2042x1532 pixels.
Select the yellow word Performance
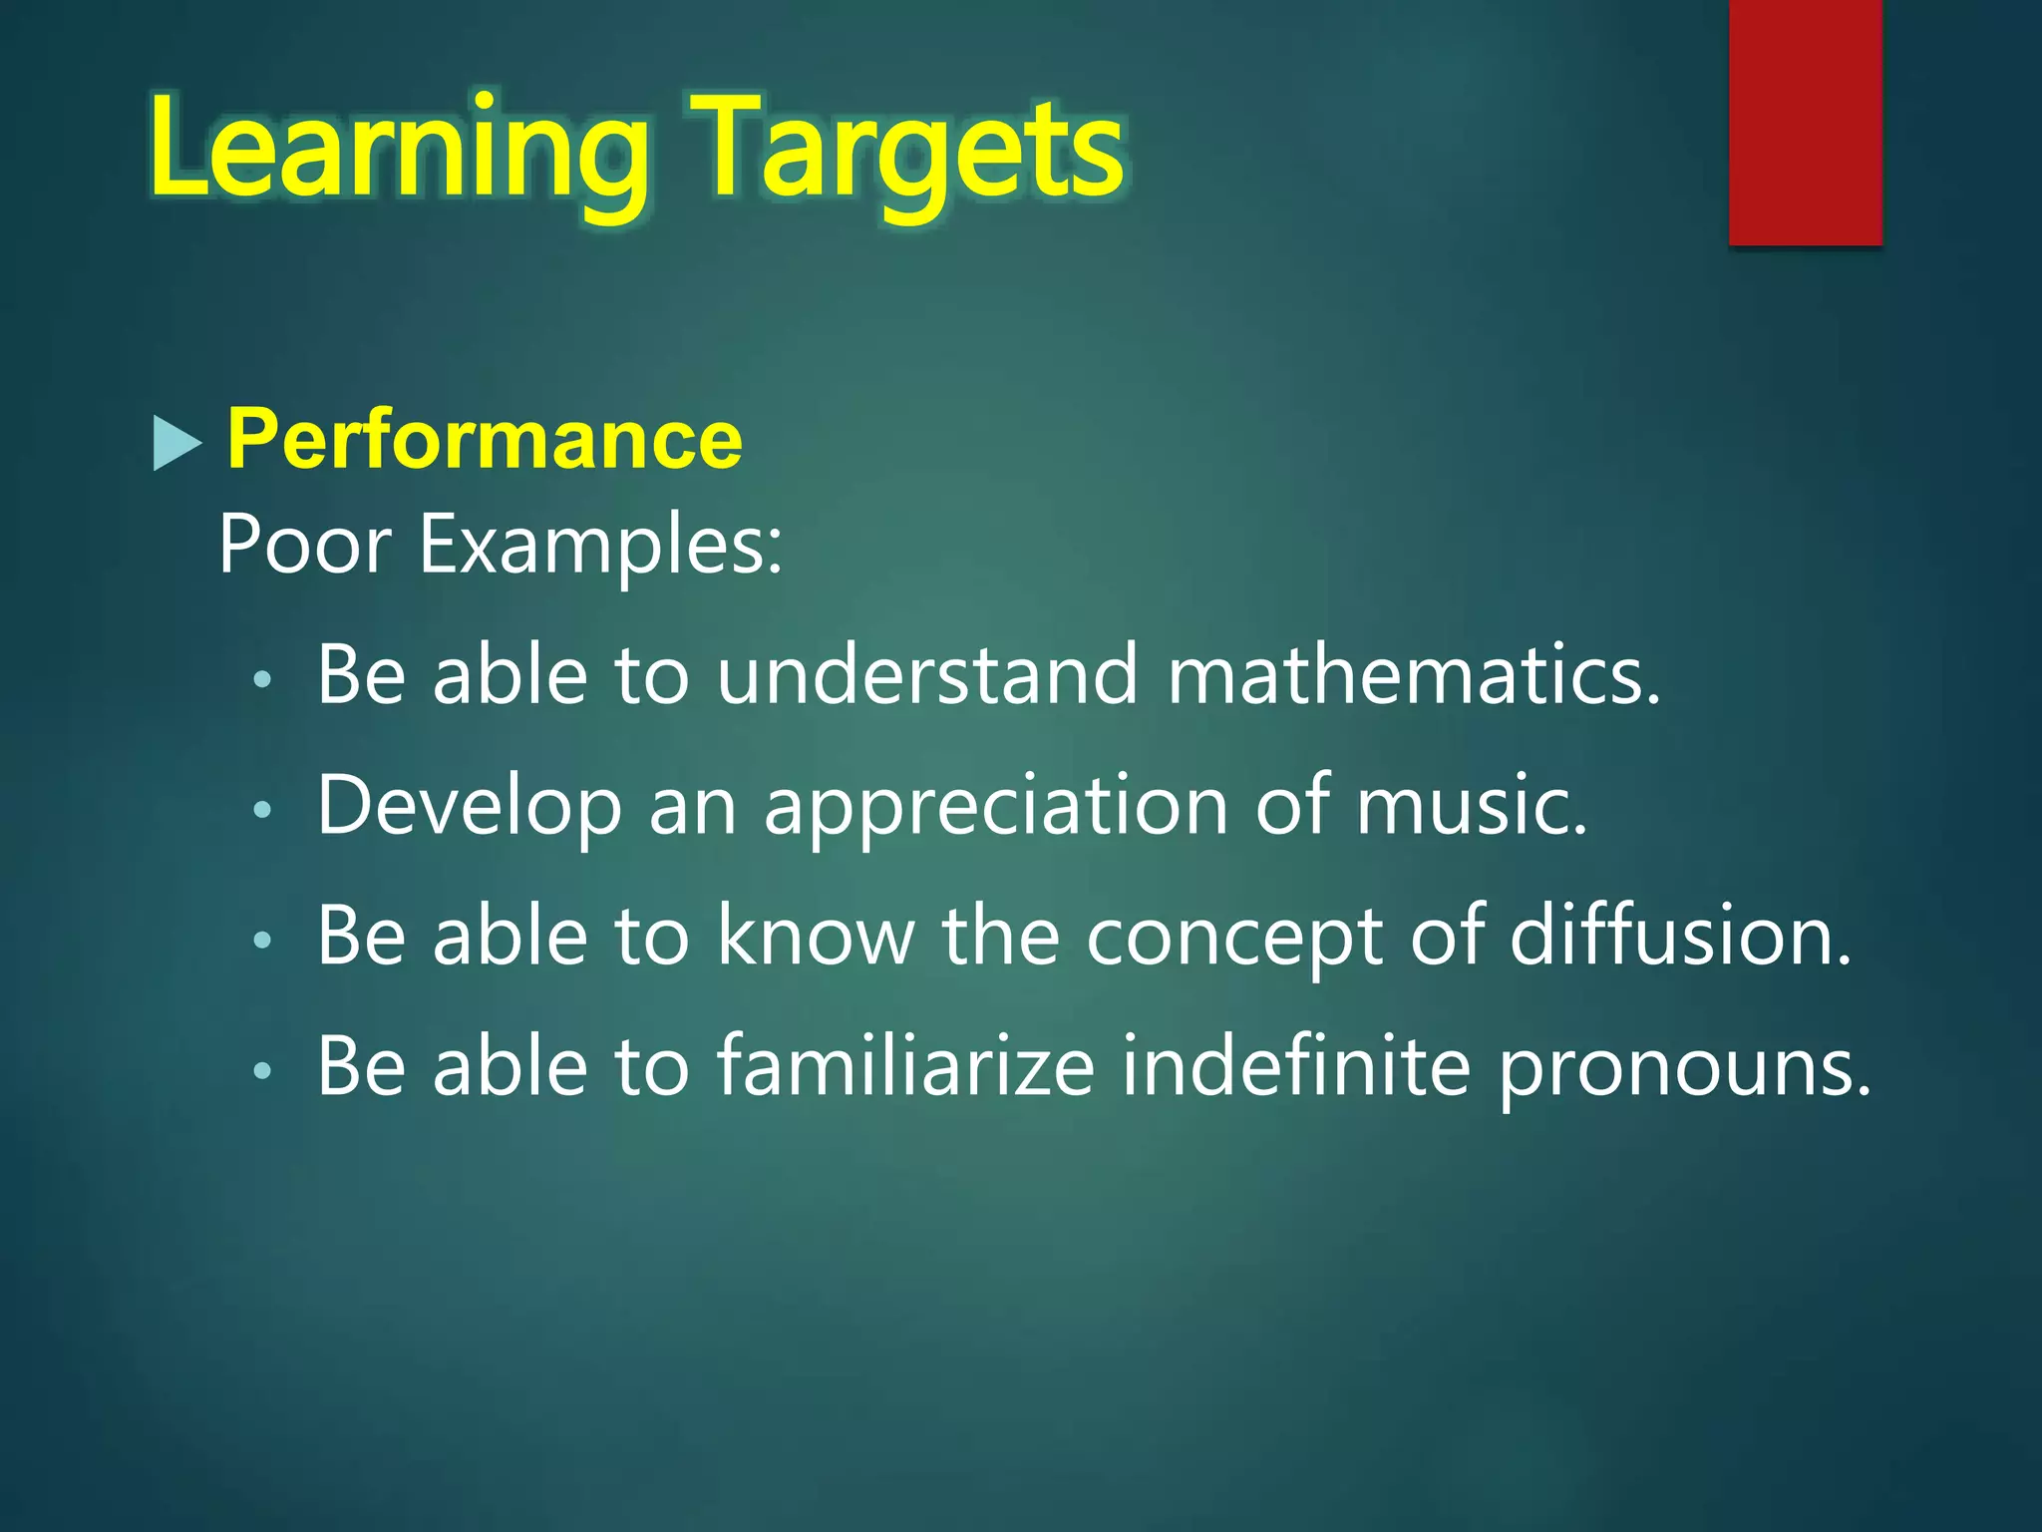[x=485, y=439]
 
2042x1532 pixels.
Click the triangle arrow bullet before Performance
[x=176, y=443]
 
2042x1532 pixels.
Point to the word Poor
[x=304, y=545]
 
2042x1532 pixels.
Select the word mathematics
[x=1413, y=675]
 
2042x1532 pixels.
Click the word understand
[x=927, y=675]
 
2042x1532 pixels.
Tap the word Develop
[x=469, y=806]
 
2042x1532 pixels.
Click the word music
[x=1471, y=806]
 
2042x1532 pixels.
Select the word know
[x=816, y=937]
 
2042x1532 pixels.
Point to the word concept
[x=1234, y=937]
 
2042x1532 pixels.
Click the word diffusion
[x=1679, y=937]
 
